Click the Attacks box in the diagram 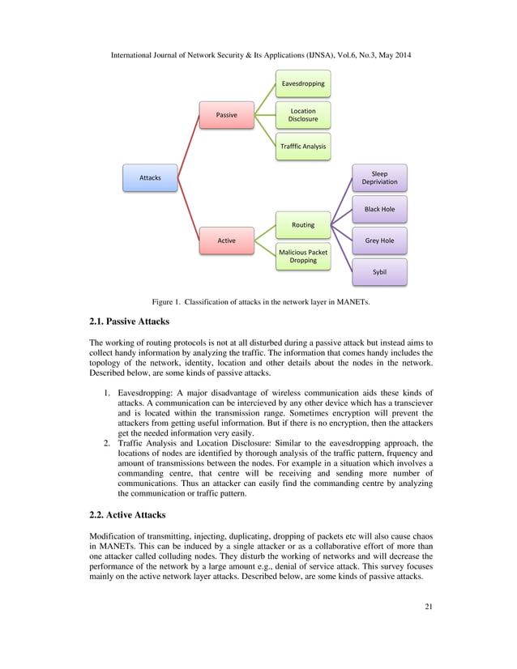tap(150, 177)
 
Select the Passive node tap(227, 115)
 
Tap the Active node tap(227, 241)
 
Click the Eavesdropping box tap(303, 83)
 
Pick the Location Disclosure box tap(303, 115)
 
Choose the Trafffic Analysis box tap(303, 147)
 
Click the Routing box tap(303, 224)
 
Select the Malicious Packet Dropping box tap(303, 256)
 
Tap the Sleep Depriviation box tap(379, 177)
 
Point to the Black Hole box tap(379, 209)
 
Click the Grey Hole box tap(379, 241)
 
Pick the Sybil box tap(379, 272)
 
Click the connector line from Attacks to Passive tap(189, 146)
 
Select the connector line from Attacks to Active tap(189, 209)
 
